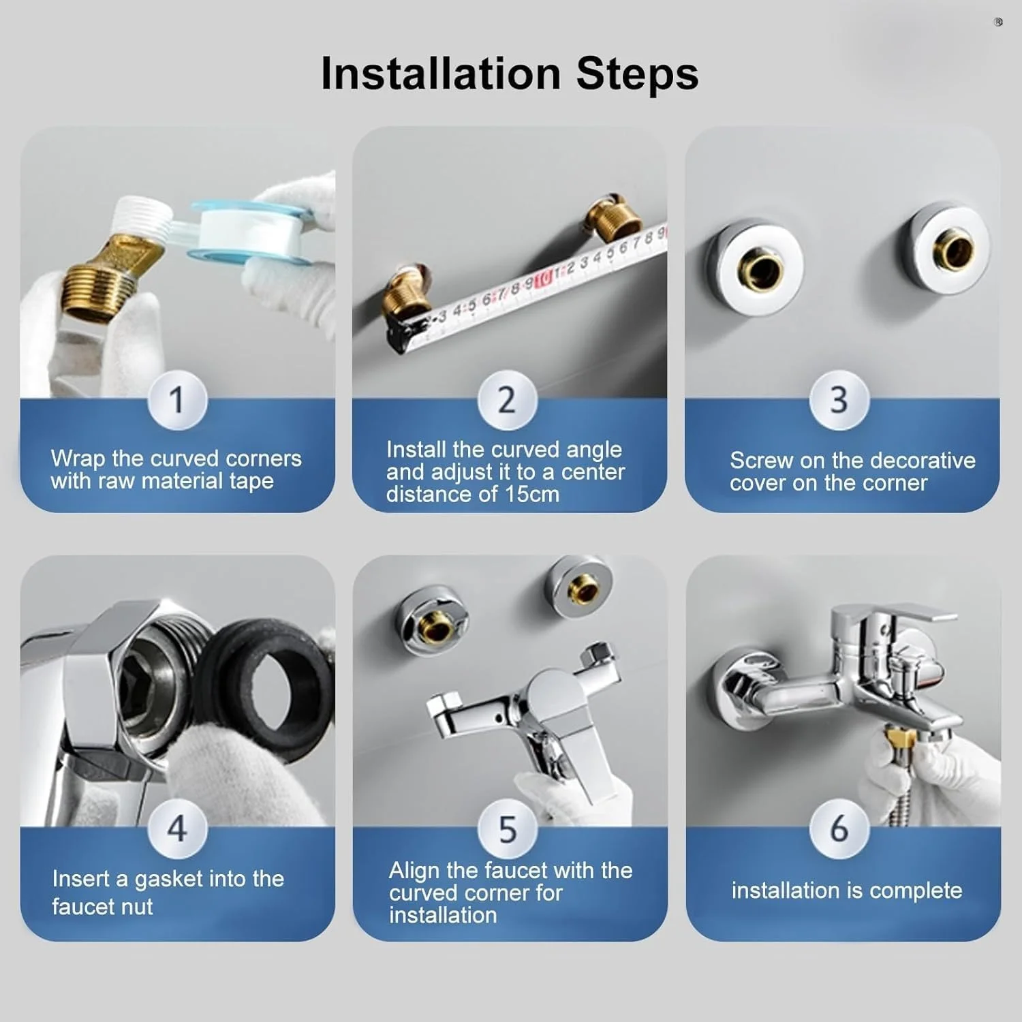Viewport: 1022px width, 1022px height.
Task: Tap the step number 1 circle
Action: (x=177, y=400)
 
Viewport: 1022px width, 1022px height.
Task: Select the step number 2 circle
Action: (x=507, y=400)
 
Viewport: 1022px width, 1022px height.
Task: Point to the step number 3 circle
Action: (x=839, y=400)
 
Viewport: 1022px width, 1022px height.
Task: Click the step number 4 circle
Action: (x=177, y=829)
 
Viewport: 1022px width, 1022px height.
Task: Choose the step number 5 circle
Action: (x=507, y=829)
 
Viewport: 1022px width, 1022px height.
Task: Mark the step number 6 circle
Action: (x=839, y=829)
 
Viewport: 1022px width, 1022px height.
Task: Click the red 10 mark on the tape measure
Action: (x=543, y=278)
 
